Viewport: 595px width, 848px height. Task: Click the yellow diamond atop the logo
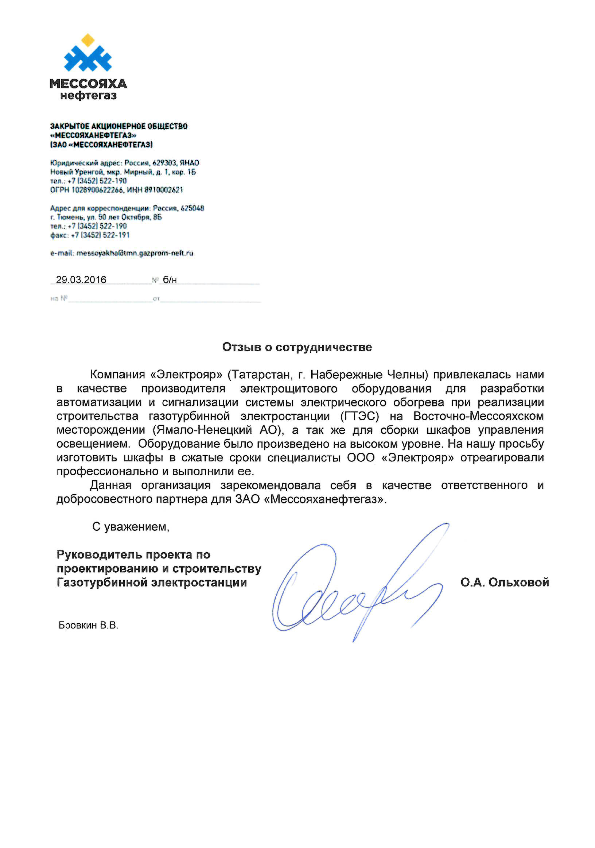coord(88,40)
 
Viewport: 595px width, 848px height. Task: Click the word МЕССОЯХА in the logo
coord(88,84)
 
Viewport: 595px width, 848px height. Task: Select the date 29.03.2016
coord(81,280)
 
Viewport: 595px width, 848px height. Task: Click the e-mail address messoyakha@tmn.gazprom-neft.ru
coord(135,253)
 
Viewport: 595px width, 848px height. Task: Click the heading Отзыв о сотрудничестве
coord(297,347)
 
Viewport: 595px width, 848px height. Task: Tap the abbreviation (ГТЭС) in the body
coord(360,416)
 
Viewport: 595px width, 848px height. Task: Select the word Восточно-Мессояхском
coord(478,416)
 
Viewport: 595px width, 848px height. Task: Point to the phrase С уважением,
coord(131,527)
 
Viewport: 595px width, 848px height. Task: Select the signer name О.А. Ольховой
coord(505,583)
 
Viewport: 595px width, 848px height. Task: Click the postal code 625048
coord(192,208)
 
